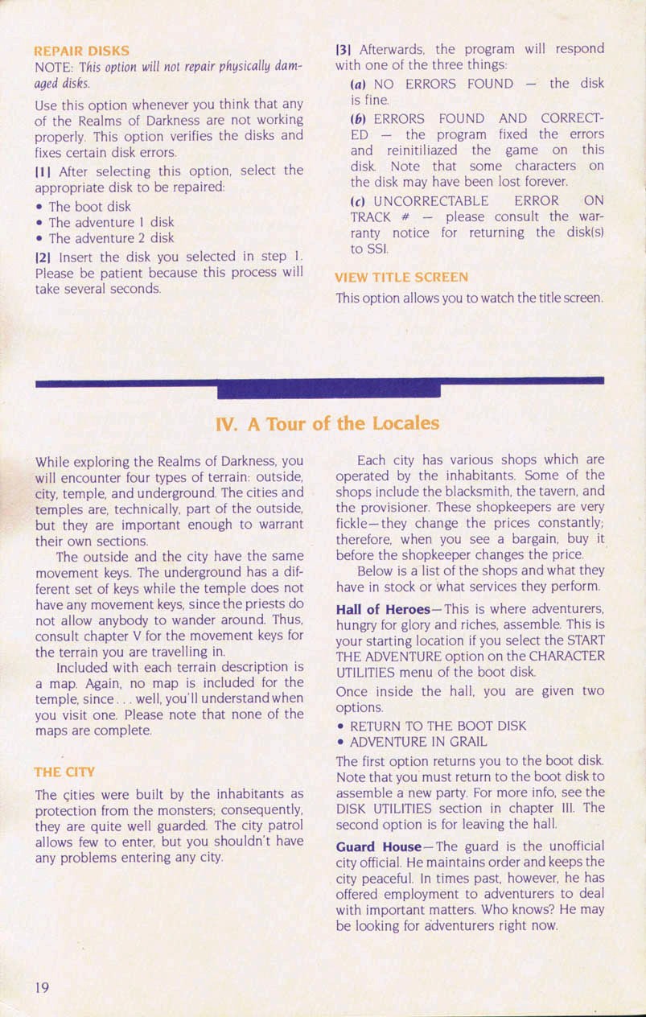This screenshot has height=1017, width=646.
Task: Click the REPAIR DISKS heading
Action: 81,51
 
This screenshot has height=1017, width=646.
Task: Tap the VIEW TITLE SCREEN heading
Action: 401,278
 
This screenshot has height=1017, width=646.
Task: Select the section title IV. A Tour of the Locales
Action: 328,423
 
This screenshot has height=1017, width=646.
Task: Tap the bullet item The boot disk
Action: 89,206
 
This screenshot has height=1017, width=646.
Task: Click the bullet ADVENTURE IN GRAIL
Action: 418,742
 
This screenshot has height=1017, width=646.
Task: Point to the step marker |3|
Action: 342,49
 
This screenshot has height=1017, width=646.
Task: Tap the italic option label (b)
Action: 359,119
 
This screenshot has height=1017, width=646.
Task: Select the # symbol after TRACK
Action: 407,217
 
